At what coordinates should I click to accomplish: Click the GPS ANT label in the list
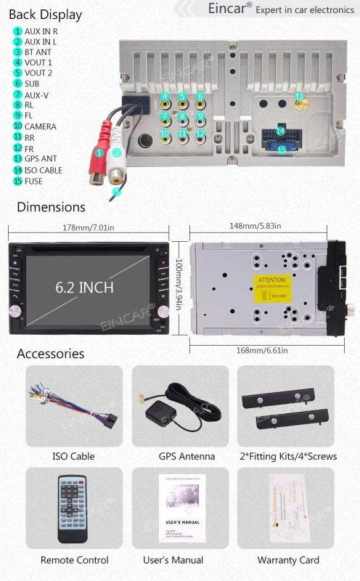(x=41, y=158)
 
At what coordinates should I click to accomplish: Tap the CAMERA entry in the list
(x=40, y=126)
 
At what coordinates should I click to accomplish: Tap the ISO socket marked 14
(x=279, y=131)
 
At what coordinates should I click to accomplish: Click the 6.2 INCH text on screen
(x=85, y=288)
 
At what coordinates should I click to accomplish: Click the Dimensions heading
(x=51, y=208)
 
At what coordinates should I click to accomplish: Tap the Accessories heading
(x=51, y=354)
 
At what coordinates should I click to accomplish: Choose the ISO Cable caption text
(x=73, y=456)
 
